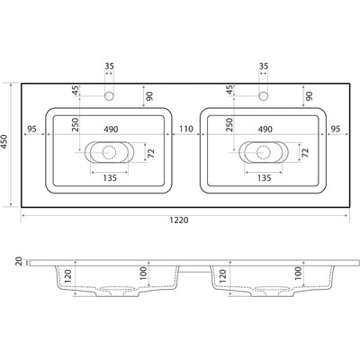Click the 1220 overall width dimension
[x=179, y=220]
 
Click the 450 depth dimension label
[x=4, y=141]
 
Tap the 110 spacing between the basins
[x=186, y=129]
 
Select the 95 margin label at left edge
[x=31, y=129]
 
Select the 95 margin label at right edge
[x=336, y=129]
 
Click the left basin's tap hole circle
[x=109, y=96]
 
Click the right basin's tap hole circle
[x=264, y=96]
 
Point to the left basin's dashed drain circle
[x=109, y=152]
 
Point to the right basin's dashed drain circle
[x=264, y=152]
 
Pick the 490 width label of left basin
[x=111, y=130]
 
